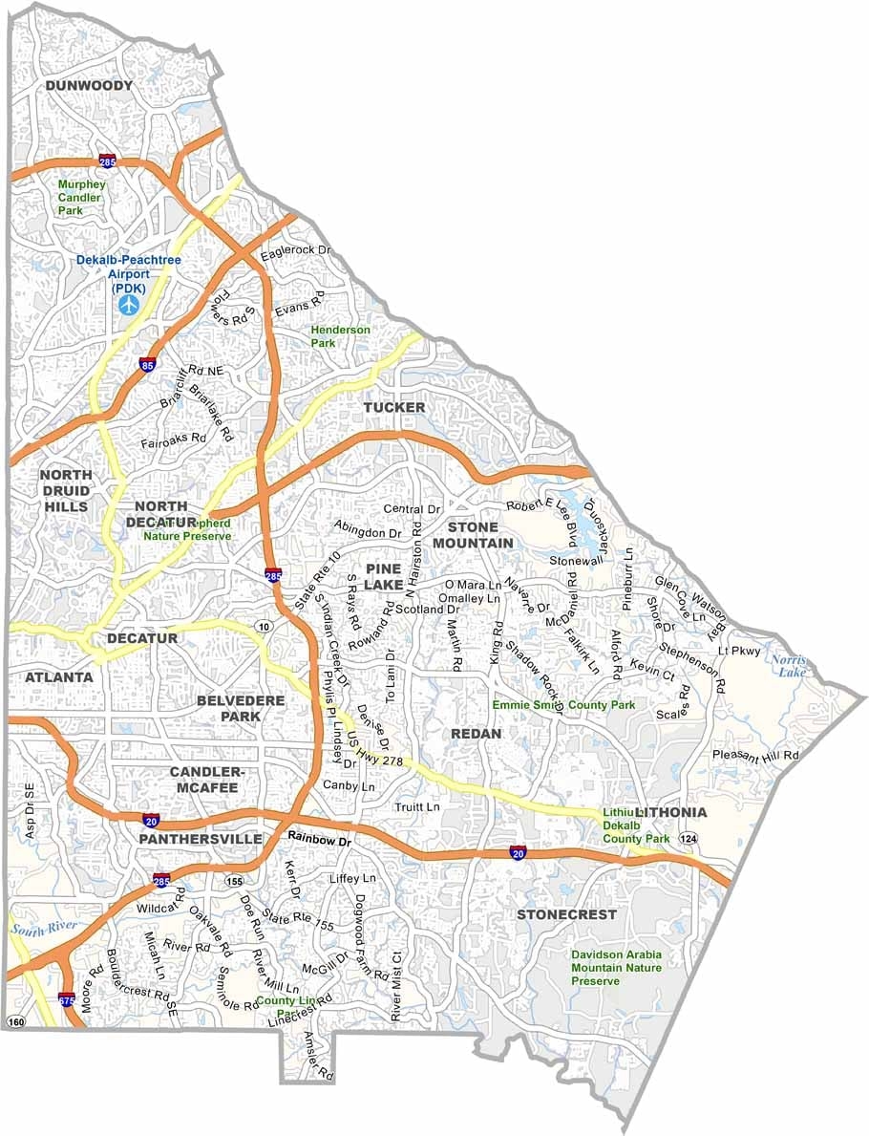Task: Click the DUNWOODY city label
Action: coord(89,86)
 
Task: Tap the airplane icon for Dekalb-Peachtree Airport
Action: coord(128,304)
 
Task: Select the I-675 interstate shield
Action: coord(66,1000)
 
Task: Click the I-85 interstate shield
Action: coord(146,364)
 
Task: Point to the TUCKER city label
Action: coord(393,407)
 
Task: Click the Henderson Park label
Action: coord(340,336)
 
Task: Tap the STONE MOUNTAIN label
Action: coord(473,535)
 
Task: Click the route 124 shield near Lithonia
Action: coord(688,838)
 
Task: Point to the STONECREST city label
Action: coord(567,914)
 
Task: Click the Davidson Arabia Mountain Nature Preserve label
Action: coord(616,968)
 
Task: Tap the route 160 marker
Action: coord(16,1022)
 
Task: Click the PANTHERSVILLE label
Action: coord(200,839)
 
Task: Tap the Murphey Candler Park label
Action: coord(79,197)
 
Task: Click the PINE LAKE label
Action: coord(383,576)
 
